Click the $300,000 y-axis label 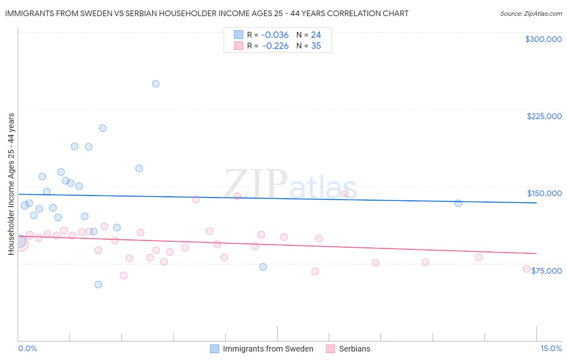pos(543,39)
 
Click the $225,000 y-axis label pos(544,116)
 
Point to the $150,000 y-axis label pos(544,193)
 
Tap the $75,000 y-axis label pos(546,271)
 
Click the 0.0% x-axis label pos(27,348)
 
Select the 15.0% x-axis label pos(551,348)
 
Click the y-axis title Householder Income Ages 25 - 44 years pos(11,184)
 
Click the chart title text pos(206,13)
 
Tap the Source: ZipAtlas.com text pos(531,14)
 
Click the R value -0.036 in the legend pos(275,35)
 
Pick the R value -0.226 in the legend pos(275,46)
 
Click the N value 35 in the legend pos(316,46)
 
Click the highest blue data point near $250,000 pos(156,84)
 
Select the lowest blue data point pos(98,285)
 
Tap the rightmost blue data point pos(458,203)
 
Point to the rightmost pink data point pos(526,269)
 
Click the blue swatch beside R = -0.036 pos(239,35)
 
